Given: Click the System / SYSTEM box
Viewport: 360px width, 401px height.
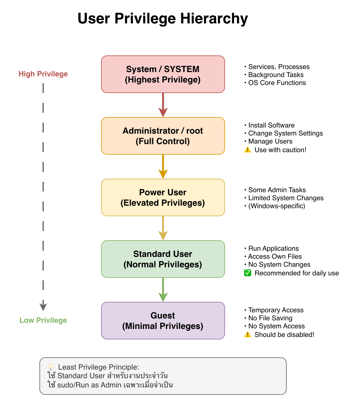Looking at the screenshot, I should click(163, 74).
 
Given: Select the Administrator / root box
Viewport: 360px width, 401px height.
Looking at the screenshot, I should click(163, 136).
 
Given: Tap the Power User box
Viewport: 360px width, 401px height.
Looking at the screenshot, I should click(163, 197).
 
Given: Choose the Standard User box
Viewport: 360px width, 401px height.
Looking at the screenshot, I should click(163, 259).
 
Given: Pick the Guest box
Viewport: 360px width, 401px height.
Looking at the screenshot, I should click(163, 321).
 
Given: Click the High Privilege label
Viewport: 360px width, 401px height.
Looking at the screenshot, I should click(43, 74).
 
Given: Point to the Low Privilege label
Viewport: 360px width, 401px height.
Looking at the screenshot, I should click(43, 320).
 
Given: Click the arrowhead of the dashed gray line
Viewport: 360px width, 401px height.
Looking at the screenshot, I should click(43, 306).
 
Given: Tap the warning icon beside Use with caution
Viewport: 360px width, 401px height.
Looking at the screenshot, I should click(247, 150).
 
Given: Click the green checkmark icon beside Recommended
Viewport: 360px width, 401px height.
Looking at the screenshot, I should click(247, 273).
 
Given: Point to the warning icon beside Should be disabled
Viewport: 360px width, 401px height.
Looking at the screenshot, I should click(247, 335).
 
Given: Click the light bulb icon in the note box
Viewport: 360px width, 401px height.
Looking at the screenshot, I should click(51, 367).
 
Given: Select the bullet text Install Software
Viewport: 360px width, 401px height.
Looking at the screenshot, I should click(271, 125).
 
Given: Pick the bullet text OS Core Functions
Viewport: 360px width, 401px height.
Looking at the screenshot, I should click(277, 83).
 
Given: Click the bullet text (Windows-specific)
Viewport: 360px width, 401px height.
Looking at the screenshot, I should click(276, 206).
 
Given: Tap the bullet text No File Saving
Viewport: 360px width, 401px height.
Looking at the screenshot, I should click(270, 318).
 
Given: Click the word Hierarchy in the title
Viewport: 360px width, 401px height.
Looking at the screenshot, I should click(214, 18).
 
